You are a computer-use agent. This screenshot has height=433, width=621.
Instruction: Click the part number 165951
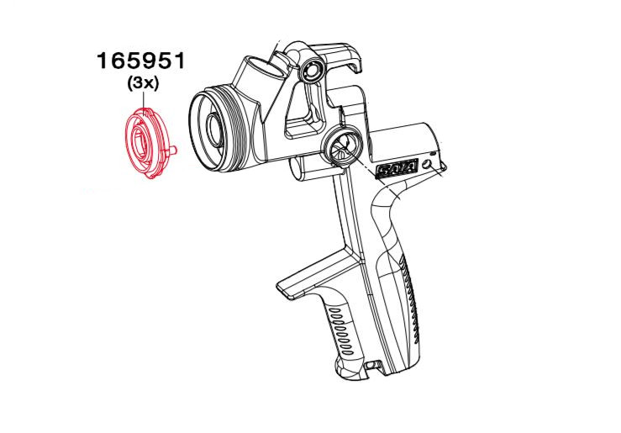coord(142,62)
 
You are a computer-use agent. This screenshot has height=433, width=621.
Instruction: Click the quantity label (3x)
coord(143,84)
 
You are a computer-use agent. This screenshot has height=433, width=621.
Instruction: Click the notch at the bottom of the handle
coord(370,365)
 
